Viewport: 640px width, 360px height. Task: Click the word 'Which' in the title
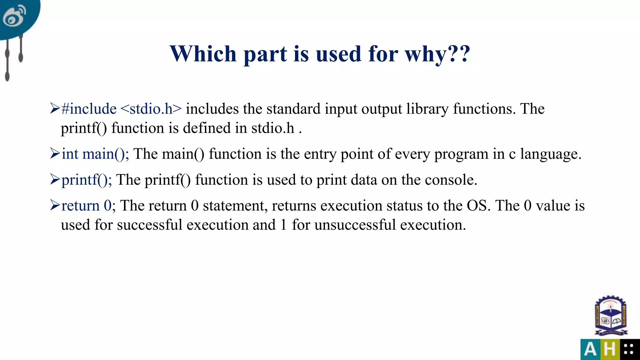point(203,54)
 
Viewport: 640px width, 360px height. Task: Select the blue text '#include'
point(89,109)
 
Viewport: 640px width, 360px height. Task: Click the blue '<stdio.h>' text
point(151,109)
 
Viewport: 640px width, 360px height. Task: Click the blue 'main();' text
point(106,154)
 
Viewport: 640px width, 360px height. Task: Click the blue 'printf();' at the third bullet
point(87,180)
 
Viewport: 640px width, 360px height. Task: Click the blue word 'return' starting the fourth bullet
point(80,206)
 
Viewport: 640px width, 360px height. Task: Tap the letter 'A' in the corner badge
point(590,349)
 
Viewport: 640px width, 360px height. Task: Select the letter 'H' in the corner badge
point(609,349)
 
